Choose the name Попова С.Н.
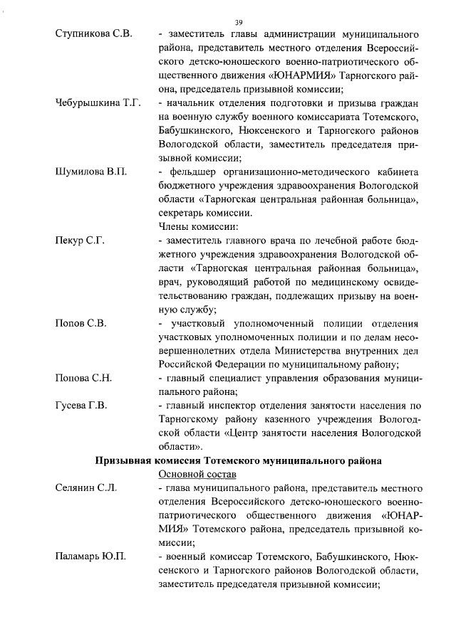[x=83, y=378]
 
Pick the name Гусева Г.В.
[x=81, y=406]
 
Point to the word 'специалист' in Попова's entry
[x=228, y=378]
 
